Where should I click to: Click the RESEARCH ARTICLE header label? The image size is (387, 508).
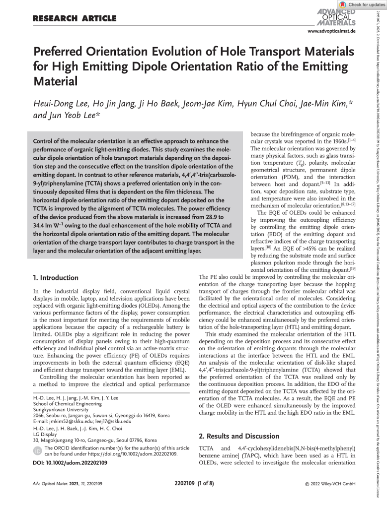pos(75,19)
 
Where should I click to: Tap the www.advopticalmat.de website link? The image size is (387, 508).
pos(332,31)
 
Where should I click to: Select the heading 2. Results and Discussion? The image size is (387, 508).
pos(239,436)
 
